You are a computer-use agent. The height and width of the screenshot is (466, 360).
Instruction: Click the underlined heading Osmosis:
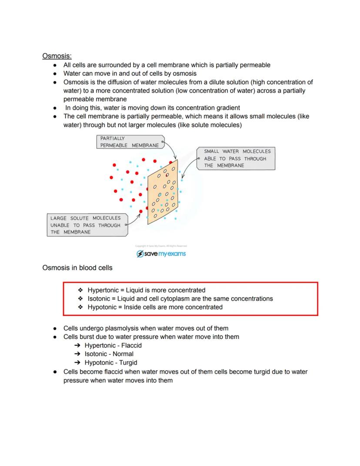(x=57, y=56)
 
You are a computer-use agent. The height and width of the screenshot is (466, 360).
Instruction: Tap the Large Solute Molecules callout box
(x=86, y=225)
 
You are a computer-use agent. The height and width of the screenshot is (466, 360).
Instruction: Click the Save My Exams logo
(x=161, y=254)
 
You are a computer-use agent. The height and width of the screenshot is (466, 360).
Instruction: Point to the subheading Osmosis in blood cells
(x=77, y=268)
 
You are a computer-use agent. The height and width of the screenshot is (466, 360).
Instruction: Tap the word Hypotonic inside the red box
(x=103, y=307)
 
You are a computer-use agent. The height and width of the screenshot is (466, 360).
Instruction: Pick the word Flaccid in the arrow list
(x=131, y=345)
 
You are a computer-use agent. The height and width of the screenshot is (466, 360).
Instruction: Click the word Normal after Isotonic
(x=123, y=354)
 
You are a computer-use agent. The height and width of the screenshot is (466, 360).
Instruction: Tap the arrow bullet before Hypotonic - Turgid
(x=77, y=362)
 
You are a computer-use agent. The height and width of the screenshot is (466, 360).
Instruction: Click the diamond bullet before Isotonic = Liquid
(x=80, y=299)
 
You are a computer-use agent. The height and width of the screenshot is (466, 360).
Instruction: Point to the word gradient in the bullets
(x=227, y=108)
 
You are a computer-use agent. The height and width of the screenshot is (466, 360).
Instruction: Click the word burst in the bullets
(x=90, y=337)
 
